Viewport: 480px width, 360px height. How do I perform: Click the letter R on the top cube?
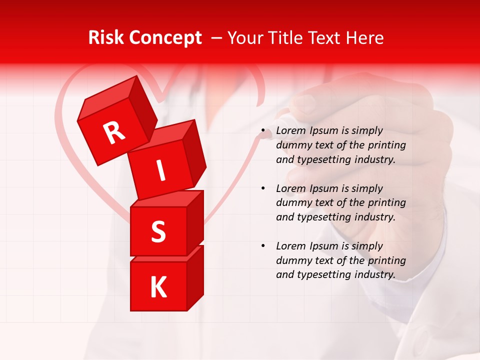114,132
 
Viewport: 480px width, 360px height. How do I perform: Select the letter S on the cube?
158,231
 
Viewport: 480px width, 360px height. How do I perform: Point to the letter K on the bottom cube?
158,287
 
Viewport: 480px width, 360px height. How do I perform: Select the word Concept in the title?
164,38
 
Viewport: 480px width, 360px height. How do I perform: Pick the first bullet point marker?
263,131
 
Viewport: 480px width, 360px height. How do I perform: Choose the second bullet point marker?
263,189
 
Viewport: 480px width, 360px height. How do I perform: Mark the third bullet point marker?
263,246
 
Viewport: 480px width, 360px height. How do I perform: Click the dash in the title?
217,38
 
